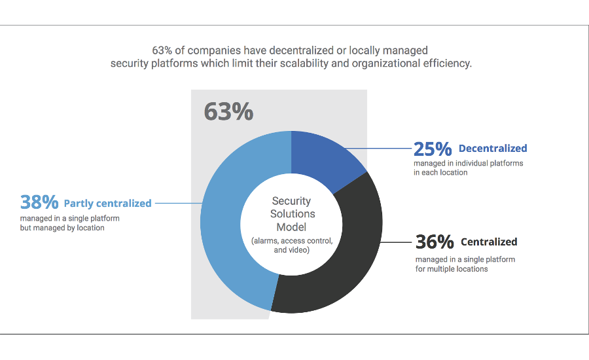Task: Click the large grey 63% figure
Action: (228, 111)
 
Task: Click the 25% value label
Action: (433, 149)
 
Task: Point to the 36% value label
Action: (435, 242)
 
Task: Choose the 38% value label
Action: (39, 203)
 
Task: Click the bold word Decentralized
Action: (493, 149)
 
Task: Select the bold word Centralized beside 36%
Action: (489, 242)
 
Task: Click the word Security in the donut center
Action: (291, 201)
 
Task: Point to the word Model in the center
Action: (291, 226)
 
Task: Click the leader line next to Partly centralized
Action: (177, 203)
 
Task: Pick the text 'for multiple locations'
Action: (452, 269)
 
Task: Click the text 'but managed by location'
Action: (62, 228)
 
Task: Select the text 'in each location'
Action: (440, 173)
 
